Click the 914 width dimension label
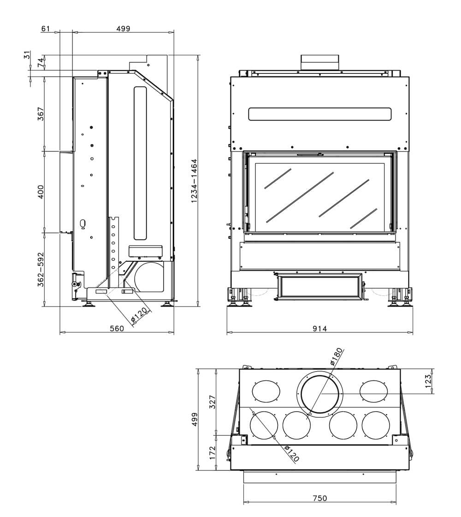click(x=319, y=329)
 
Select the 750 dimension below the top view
click(x=319, y=498)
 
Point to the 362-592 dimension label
click(x=41, y=269)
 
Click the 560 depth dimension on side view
click(x=117, y=329)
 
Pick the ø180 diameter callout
click(x=337, y=357)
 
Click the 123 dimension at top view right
click(x=428, y=381)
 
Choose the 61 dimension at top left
click(x=45, y=29)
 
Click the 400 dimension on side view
click(x=41, y=192)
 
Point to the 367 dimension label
click(x=41, y=114)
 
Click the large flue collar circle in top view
click(x=320, y=394)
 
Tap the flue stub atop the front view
click(x=319, y=62)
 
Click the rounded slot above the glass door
click(x=319, y=114)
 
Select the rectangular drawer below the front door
click(x=319, y=287)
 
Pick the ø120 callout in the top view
click(x=291, y=453)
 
